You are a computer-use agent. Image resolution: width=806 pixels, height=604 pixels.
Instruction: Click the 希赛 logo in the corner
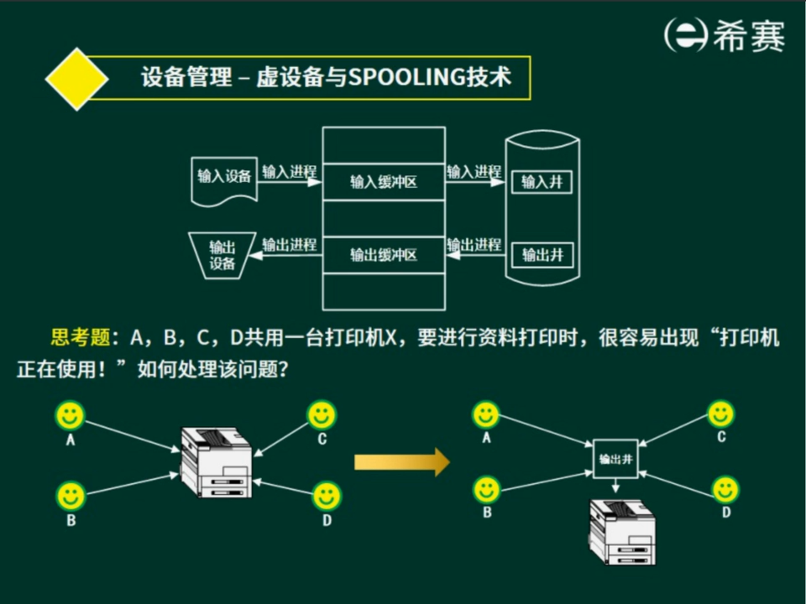click(x=724, y=36)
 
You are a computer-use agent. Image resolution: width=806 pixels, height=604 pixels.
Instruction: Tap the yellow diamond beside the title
click(x=76, y=79)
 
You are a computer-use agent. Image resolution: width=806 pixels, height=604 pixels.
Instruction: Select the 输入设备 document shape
click(x=223, y=178)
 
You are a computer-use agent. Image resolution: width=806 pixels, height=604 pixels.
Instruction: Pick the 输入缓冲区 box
click(x=383, y=181)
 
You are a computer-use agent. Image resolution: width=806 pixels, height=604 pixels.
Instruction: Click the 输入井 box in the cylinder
click(x=542, y=181)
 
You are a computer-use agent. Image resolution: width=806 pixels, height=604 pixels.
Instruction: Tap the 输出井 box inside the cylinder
click(x=542, y=254)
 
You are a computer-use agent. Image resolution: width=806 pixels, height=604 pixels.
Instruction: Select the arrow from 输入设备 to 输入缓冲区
click(x=289, y=181)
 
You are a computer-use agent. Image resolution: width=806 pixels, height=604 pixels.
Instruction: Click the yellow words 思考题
click(x=81, y=338)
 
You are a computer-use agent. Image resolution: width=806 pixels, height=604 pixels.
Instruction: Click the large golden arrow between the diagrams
click(x=401, y=461)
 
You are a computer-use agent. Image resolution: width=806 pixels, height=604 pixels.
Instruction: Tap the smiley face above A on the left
click(x=71, y=415)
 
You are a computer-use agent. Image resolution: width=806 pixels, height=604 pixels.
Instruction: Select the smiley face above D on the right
click(x=725, y=490)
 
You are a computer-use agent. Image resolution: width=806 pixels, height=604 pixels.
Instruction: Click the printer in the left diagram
click(x=217, y=463)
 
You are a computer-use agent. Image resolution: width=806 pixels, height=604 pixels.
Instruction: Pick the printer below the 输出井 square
click(x=622, y=532)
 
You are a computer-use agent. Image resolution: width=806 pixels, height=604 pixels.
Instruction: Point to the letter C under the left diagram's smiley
click(x=322, y=439)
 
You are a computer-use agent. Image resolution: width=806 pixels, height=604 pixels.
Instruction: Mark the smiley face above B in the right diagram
click(x=486, y=489)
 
